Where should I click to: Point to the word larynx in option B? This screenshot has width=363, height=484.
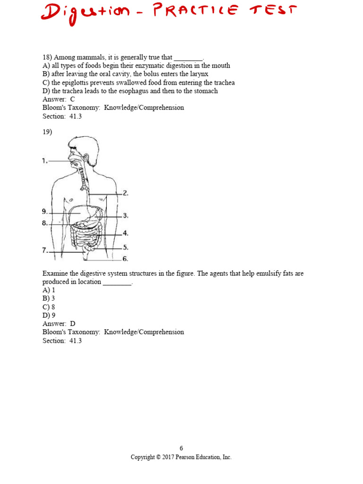(199, 74)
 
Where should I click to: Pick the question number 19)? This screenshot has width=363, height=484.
(47, 132)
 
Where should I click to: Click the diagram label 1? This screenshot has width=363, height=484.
(44, 161)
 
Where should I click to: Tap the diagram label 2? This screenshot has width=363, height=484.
(125, 193)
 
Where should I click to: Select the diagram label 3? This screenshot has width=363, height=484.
(125, 216)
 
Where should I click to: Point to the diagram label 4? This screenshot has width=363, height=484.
(125, 233)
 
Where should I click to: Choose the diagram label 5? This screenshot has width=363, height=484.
(125, 247)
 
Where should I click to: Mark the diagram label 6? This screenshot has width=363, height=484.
(125, 259)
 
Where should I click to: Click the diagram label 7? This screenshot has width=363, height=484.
(44, 251)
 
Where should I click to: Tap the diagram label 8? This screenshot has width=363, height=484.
(44, 223)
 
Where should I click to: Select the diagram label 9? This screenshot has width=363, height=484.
(44, 211)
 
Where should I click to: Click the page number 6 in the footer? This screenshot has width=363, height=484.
(181, 448)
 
